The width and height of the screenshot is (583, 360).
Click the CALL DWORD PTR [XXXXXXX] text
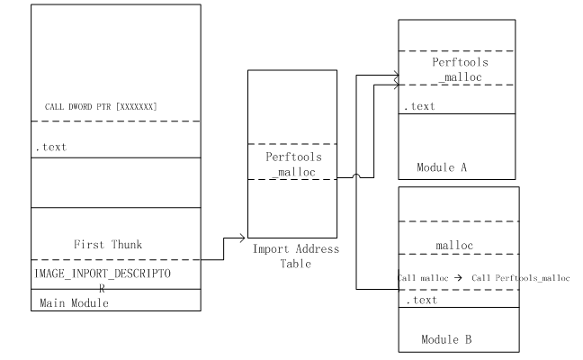point(102,107)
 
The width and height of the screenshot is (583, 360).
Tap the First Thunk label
point(109,244)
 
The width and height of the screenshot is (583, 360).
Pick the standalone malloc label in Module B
point(454,243)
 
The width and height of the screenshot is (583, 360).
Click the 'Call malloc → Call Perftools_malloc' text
point(483,277)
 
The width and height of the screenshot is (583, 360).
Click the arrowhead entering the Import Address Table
point(242,238)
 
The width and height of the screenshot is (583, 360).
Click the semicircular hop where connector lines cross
point(357,179)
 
